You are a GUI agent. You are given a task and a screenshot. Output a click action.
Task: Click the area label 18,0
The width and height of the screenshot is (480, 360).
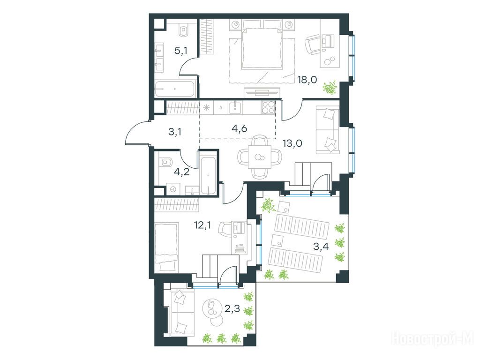click(307, 80)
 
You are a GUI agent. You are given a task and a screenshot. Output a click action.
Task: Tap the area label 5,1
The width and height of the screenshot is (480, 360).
click(180, 51)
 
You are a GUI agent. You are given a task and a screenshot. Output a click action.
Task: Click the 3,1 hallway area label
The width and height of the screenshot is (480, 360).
click(175, 132)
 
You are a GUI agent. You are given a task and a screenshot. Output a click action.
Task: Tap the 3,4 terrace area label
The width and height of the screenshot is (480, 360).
click(321, 246)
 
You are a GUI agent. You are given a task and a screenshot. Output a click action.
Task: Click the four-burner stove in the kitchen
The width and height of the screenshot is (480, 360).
click(268, 107)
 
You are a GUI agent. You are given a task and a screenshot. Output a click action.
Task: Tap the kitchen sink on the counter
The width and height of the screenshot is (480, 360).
click(235, 107)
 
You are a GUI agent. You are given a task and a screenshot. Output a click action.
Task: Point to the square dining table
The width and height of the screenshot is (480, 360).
click(259, 157)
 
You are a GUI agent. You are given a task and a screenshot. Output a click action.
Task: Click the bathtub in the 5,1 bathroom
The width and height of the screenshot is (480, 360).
click(175, 89)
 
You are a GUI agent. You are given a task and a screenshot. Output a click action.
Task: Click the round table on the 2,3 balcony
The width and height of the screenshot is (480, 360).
click(212, 307)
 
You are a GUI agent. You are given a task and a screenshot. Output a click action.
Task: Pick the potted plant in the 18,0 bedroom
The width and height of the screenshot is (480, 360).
click(330, 88)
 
